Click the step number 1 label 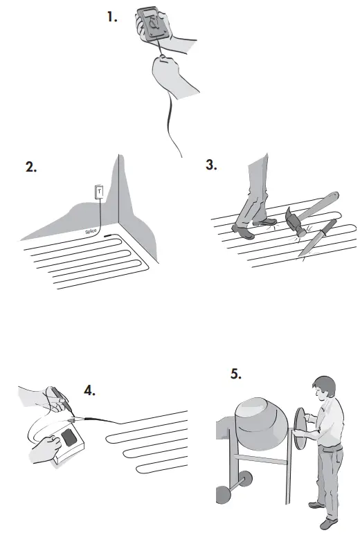coord(112,17)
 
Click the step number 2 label coord(31,167)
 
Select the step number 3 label coord(211,165)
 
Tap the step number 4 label coord(89,390)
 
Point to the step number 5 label coord(236,374)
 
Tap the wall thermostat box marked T coord(99,192)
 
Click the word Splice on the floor coord(91,232)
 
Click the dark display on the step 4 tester coord(70,437)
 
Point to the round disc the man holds coord(299,428)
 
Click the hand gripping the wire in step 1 coord(166,71)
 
